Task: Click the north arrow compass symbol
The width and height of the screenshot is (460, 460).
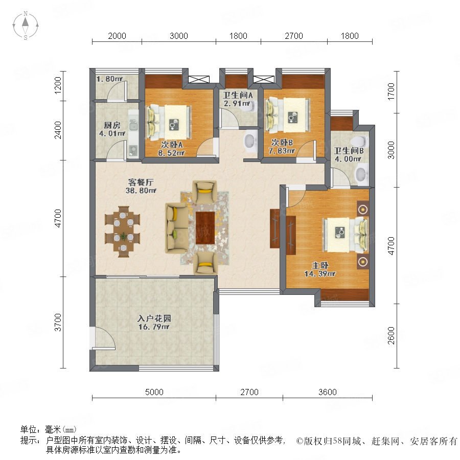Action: pos(26,26)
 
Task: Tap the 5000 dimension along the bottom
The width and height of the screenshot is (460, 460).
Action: pos(154,392)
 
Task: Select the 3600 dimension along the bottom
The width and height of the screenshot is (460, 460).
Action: pos(328,392)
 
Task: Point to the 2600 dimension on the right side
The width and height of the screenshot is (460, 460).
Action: pos(392,336)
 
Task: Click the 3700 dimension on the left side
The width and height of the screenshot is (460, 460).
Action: pos(58,322)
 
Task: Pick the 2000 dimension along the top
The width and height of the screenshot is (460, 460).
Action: pos(117,36)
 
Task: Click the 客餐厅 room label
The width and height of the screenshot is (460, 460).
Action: pos(141,182)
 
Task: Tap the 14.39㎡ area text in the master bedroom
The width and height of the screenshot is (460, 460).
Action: pos(320,274)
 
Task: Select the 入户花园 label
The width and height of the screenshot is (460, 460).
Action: pos(154,318)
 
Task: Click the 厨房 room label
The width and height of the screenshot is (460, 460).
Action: pos(112,126)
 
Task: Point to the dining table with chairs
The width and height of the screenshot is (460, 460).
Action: pos(122,232)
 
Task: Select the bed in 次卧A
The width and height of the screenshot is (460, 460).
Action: pos(169,122)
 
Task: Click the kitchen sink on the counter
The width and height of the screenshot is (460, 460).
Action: pos(133,125)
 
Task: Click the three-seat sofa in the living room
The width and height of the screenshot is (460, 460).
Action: pos(177,227)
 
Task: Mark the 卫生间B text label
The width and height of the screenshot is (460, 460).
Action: pos(349,151)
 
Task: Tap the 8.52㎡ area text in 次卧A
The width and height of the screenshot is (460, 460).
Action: pos(171,153)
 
